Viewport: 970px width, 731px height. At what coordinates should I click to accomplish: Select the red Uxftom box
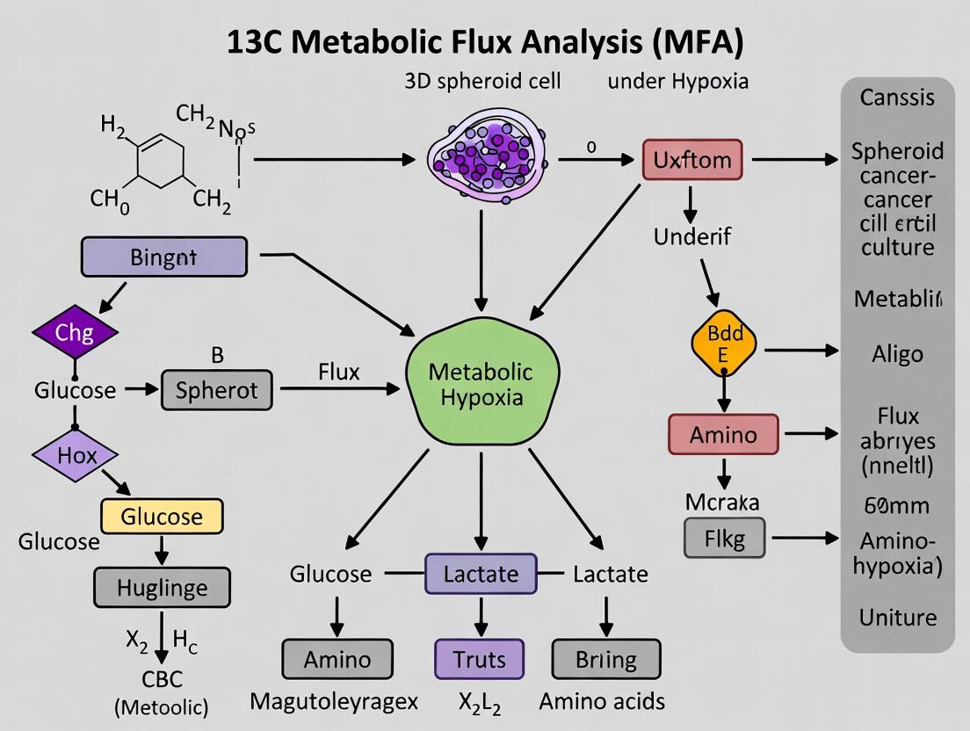(x=691, y=161)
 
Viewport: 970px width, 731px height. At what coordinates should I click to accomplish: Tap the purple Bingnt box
(x=163, y=258)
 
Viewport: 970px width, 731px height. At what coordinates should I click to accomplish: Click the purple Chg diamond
(x=74, y=333)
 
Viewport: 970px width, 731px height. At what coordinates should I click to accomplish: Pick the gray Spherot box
(x=216, y=390)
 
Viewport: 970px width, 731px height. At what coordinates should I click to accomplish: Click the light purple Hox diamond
(x=76, y=455)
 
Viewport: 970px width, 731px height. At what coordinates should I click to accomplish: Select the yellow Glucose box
(x=162, y=516)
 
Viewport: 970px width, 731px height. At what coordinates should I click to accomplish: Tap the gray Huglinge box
(x=162, y=587)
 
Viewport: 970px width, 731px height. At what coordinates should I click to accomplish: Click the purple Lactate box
(x=481, y=575)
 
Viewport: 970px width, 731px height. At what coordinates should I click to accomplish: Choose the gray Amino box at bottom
(x=337, y=659)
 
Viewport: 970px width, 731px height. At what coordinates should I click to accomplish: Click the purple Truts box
(x=480, y=659)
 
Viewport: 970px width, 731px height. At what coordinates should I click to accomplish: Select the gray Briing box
(x=605, y=659)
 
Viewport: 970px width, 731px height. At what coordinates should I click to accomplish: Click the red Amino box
(x=724, y=434)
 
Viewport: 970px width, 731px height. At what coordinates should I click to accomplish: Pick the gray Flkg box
(x=724, y=538)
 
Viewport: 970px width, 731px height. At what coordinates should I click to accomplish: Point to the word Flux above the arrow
(x=338, y=372)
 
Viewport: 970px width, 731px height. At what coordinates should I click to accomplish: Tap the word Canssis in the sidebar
(x=896, y=97)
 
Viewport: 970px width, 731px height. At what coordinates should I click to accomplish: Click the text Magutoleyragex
(x=334, y=701)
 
